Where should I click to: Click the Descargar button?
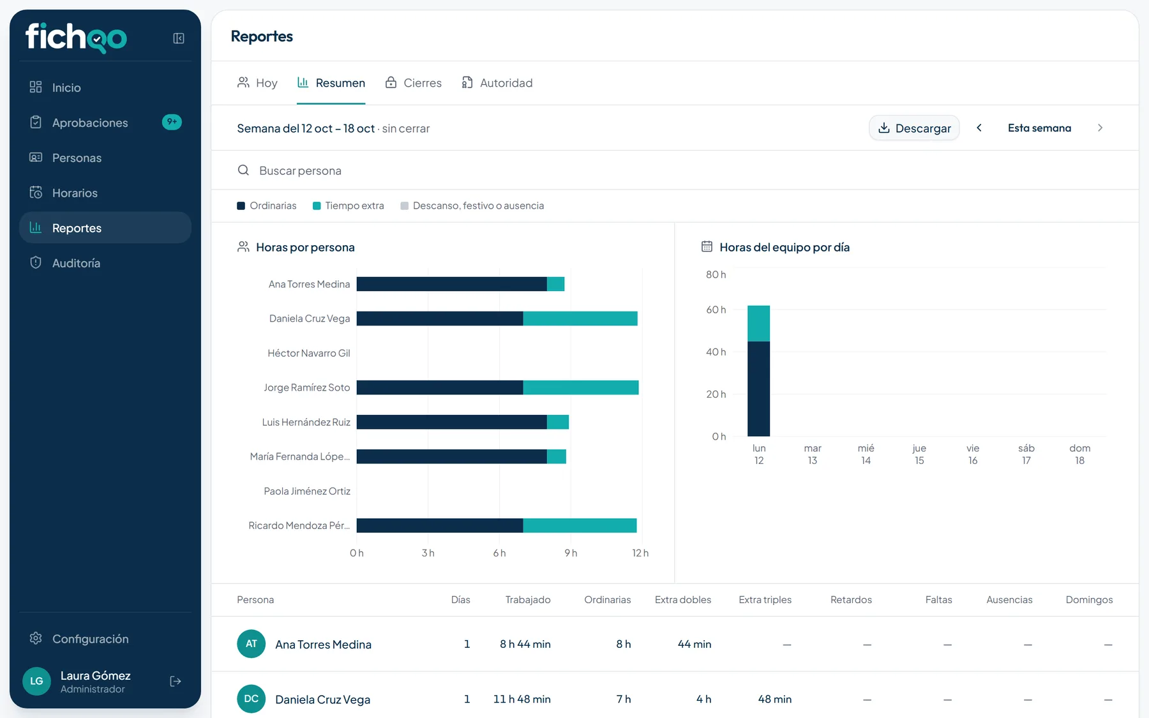tap(914, 128)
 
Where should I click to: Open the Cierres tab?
tap(413, 83)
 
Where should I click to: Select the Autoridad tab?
tap(497, 83)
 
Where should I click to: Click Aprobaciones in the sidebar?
tap(90, 123)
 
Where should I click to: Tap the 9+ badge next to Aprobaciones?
tap(172, 122)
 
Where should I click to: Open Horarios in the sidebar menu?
tap(75, 193)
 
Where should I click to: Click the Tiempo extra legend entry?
tap(349, 206)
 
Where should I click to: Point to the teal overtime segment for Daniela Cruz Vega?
tap(580, 318)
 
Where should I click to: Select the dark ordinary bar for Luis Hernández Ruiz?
tap(452, 422)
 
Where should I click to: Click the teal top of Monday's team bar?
tap(758, 324)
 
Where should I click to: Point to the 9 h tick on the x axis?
tap(571, 553)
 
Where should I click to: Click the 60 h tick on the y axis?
tap(716, 310)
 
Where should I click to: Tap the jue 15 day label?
tap(919, 454)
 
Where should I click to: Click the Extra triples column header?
tap(765, 600)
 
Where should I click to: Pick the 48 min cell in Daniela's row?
tap(774, 699)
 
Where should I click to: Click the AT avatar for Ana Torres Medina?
tap(252, 644)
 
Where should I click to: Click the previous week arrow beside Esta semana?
tap(979, 128)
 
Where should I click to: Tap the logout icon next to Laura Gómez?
tap(176, 682)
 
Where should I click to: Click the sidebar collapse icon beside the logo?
tap(179, 38)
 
